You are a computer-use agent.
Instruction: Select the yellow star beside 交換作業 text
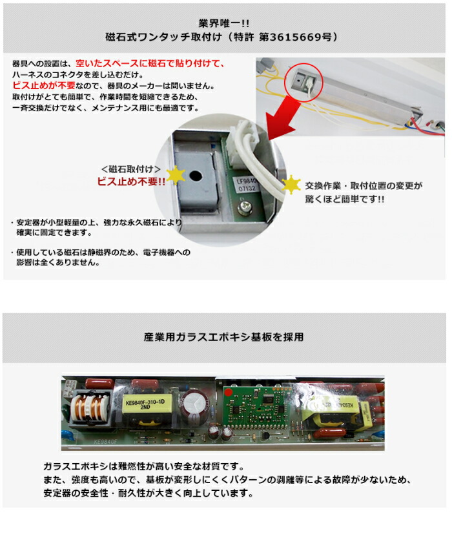pyautogui.click(x=292, y=185)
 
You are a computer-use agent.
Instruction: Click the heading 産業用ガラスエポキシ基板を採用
pyautogui.click(x=224, y=337)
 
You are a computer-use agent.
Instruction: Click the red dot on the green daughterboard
pyautogui.click(x=228, y=391)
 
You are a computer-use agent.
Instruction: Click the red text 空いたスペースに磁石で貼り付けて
pyautogui.click(x=150, y=63)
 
